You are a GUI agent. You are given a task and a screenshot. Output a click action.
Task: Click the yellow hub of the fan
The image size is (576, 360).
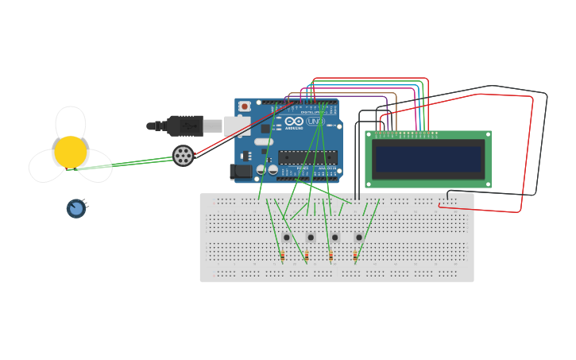click(70, 152)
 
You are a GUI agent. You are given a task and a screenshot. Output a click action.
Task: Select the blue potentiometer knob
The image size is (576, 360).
click(76, 208)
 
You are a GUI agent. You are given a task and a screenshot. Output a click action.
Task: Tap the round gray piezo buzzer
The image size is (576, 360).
click(183, 156)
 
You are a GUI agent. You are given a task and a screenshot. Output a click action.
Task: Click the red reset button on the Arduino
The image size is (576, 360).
click(245, 106)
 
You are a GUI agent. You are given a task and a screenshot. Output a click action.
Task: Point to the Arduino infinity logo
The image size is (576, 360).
click(294, 122)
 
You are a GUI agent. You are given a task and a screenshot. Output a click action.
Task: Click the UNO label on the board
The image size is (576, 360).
click(314, 122)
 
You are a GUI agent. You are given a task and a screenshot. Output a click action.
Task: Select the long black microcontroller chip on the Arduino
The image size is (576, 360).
click(307, 157)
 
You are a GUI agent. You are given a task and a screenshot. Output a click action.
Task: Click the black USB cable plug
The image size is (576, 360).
click(185, 126)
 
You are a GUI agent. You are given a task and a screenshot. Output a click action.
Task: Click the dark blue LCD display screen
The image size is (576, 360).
click(428, 159)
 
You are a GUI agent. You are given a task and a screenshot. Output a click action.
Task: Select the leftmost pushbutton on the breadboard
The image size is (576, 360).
click(287, 237)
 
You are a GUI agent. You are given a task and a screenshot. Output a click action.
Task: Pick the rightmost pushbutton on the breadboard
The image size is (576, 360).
click(359, 237)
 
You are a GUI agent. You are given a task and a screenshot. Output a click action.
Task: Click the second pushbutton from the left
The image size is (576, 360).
click(311, 237)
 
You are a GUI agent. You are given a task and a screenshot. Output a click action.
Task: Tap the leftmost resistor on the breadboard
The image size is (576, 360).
click(282, 256)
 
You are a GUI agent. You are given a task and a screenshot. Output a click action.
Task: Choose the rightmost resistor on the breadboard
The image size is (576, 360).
click(355, 256)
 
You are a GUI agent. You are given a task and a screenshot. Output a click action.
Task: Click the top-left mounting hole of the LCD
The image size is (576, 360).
click(369, 134)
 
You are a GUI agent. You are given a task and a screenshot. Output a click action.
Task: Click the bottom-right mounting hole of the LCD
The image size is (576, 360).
click(488, 184)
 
